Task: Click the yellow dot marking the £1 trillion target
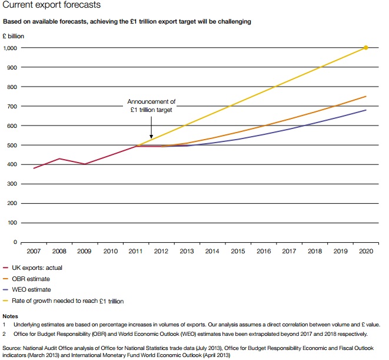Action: tap(365, 48)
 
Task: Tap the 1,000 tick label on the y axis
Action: tap(11, 48)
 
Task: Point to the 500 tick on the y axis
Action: tap(13, 145)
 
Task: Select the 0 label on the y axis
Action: tap(16, 242)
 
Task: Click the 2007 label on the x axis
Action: tap(34, 252)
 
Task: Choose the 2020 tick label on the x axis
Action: tap(365, 252)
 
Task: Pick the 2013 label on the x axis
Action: tap(187, 252)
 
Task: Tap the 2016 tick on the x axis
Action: tap(263, 252)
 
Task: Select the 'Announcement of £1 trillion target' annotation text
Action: tap(151, 105)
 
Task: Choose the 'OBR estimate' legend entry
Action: tap(36, 279)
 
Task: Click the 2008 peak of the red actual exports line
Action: tap(59, 158)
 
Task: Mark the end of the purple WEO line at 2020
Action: tap(365, 110)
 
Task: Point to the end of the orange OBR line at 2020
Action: tap(365, 97)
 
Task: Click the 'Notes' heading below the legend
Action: tap(11, 316)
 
